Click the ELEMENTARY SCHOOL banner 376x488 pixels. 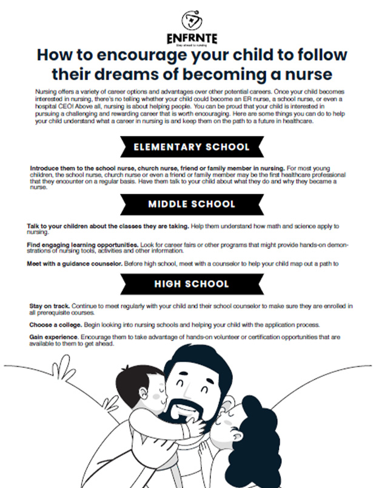(x=192, y=147)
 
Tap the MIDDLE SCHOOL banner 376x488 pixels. (x=192, y=204)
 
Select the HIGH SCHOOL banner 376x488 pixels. (x=192, y=283)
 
